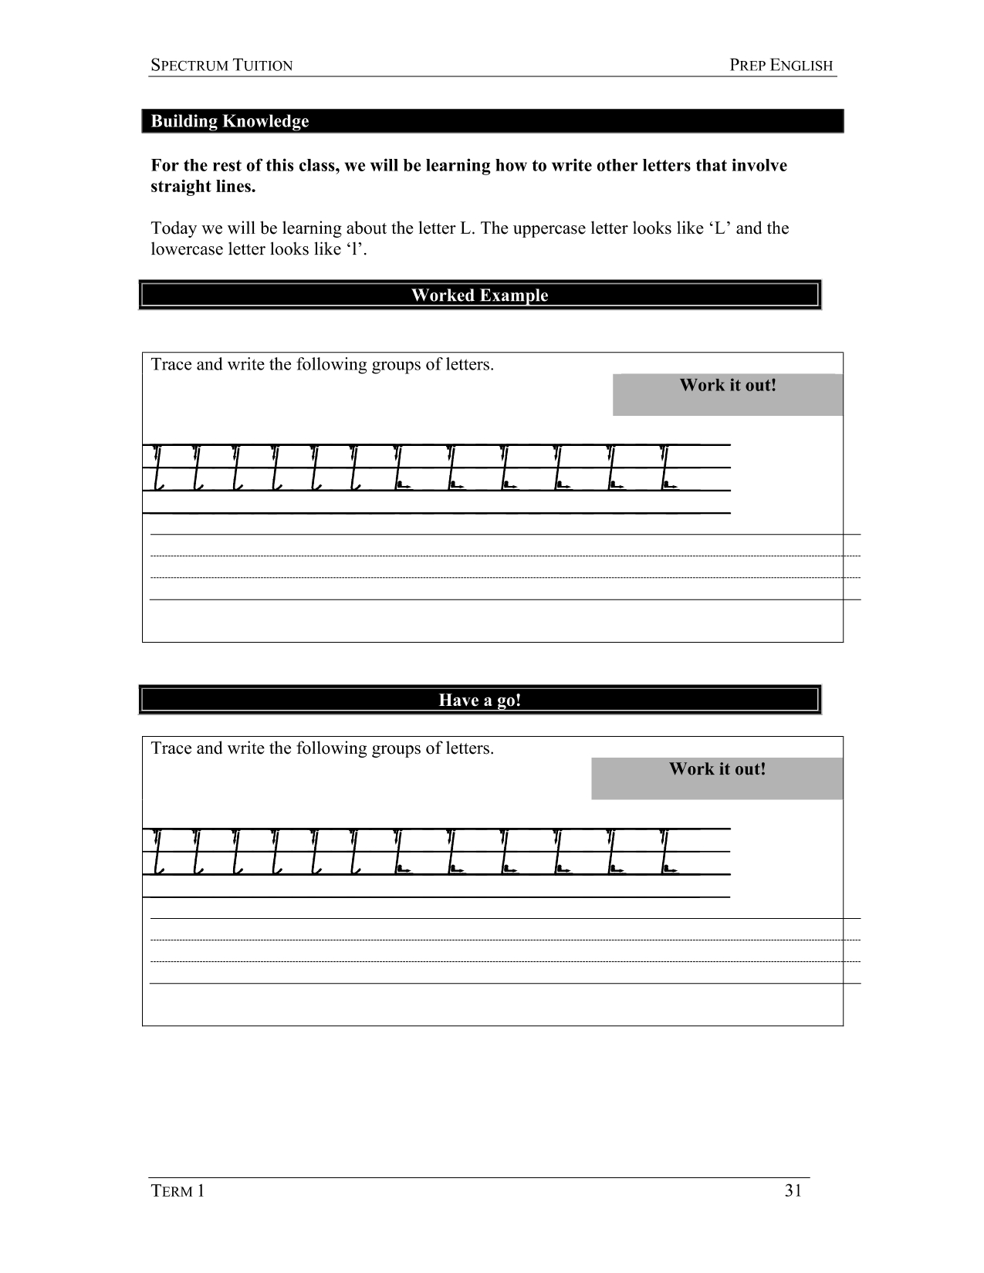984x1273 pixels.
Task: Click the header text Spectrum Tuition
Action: pyautogui.click(x=221, y=66)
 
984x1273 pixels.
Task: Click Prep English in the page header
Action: pyautogui.click(x=781, y=66)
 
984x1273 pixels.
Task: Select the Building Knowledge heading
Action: pyautogui.click(x=229, y=121)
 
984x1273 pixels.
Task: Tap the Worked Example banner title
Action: pyautogui.click(x=479, y=295)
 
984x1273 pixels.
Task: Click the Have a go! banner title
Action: pyautogui.click(x=479, y=701)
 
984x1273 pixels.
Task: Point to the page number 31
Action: pyautogui.click(x=793, y=1190)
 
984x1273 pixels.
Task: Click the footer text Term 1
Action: pyautogui.click(x=178, y=1190)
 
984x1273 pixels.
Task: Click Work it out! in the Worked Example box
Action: pyautogui.click(x=727, y=386)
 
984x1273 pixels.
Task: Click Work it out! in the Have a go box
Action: pyautogui.click(x=717, y=769)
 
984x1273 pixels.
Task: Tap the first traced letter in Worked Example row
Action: pyautogui.click(x=158, y=468)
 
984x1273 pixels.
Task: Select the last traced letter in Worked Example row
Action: pyautogui.click(x=668, y=468)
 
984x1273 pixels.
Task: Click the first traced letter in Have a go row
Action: pyautogui.click(x=158, y=852)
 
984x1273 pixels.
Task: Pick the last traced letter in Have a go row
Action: pyautogui.click(x=668, y=852)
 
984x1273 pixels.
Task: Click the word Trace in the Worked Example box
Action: pyautogui.click(x=171, y=364)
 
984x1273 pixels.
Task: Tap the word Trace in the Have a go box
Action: pyautogui.click(x=171, y=748)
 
